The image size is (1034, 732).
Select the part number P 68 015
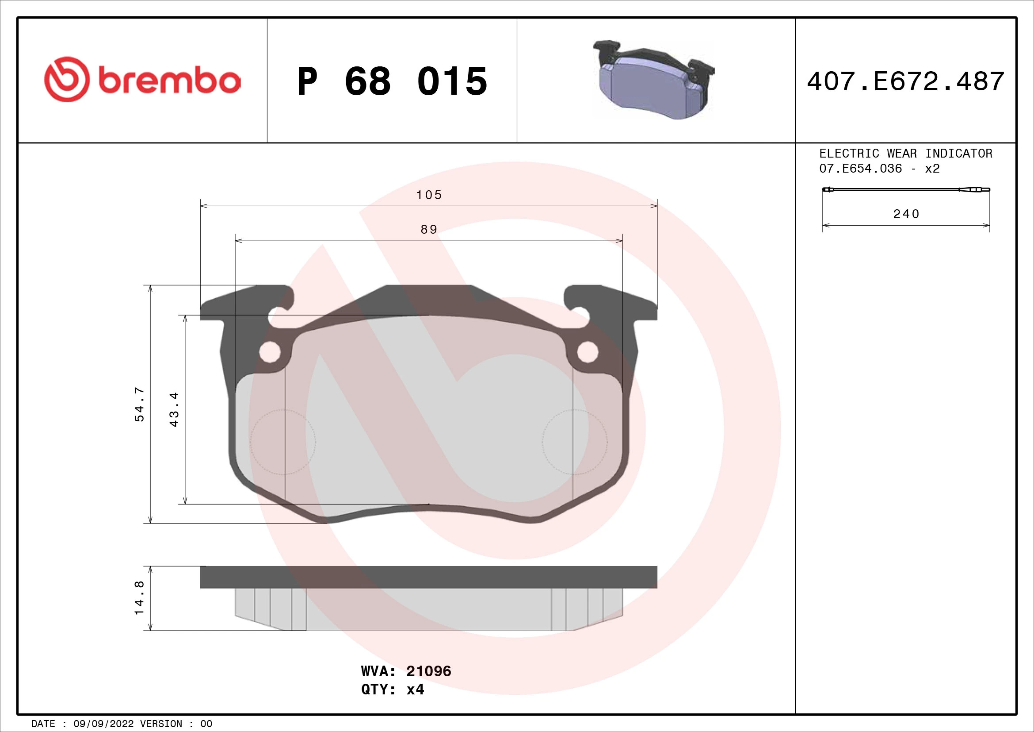click(x=392, y=81)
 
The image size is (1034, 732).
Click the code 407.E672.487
click(x=906, y=81)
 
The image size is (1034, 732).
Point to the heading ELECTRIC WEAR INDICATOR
click(x=906, y=154)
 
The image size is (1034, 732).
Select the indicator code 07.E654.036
click(x=861, y=169)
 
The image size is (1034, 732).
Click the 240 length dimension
click(x=906, y=214)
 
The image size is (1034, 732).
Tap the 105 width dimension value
click(x=429, y=195)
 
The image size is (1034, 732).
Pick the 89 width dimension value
click(x=429, y=230)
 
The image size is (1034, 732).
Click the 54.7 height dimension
click(x=140, y=404)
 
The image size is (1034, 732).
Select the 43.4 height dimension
click(x=174, y=409)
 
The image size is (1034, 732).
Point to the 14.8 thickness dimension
click(x=140, y=597)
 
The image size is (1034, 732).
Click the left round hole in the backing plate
click(x=270, y=352)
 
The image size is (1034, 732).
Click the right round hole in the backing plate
click(x=588, y=352)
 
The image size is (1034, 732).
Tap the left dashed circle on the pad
click(x=283, y=442)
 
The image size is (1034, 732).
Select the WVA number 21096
click(x=428, y=671)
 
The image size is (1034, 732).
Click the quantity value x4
click(x=415, y=690)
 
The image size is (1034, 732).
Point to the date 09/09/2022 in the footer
click(x=103, y=724)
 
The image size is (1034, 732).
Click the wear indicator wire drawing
click(x=906, y=190)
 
